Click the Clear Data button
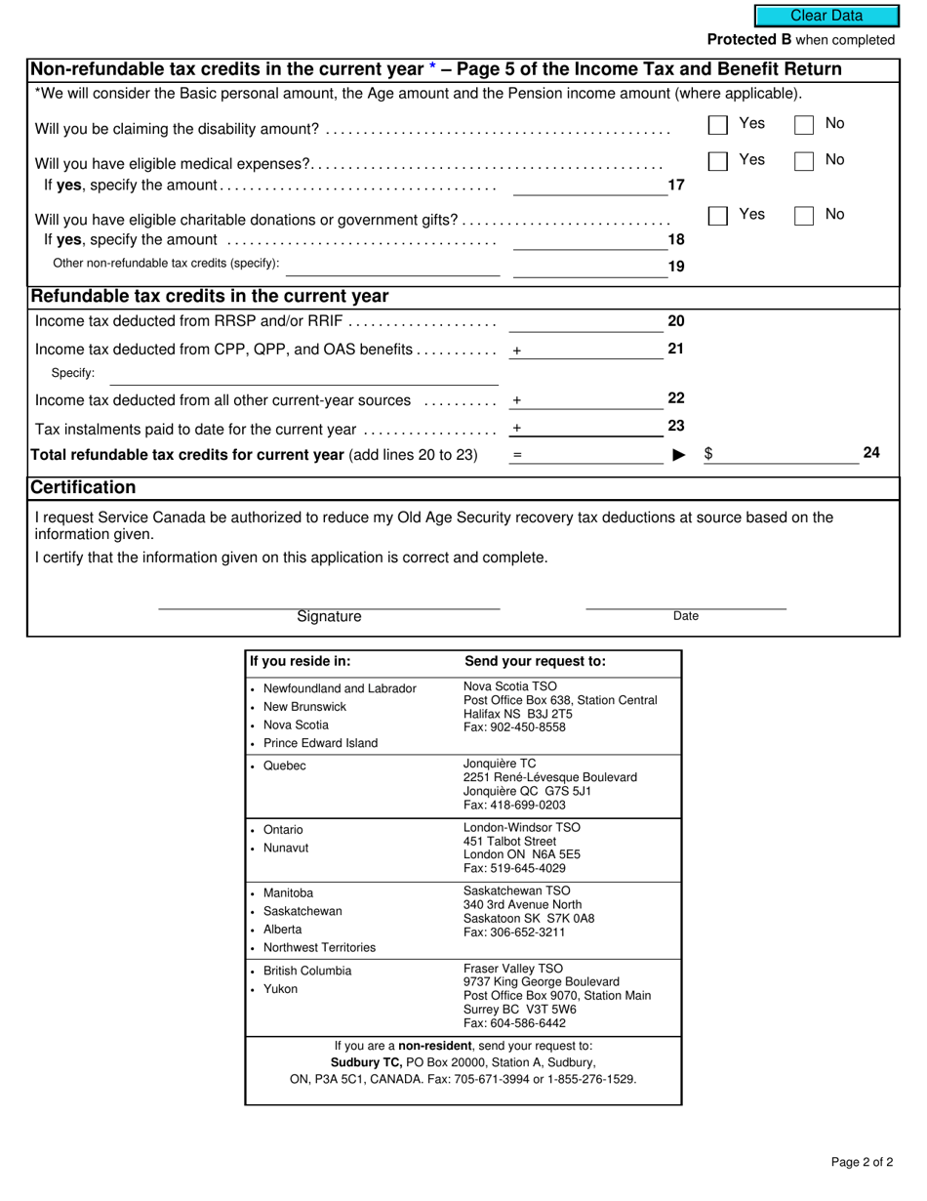pyautogui.click(x=826, y=16)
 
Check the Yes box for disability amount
pyautogui.click(x=717, y=125)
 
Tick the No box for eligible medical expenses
pyautogui.click(x=803, y=161)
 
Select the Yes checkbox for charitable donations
pyautogui.click(x=717, y=216)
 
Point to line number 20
pyautogui.click(x=675, y=320)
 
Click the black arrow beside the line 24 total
pyautogui.click(x=680, y=454)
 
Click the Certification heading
pyautogui.click(x=84, y=487)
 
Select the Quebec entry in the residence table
pyautogui.click(x=284, y=766)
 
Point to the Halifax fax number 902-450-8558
pyautogui.click(x=514, y=727)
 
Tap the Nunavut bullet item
pyautogui.click(x=285, y=848)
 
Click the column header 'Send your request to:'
pyautogui.click(x=535, y=661)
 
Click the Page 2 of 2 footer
pyautogui.click(x=861, y=1162)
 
